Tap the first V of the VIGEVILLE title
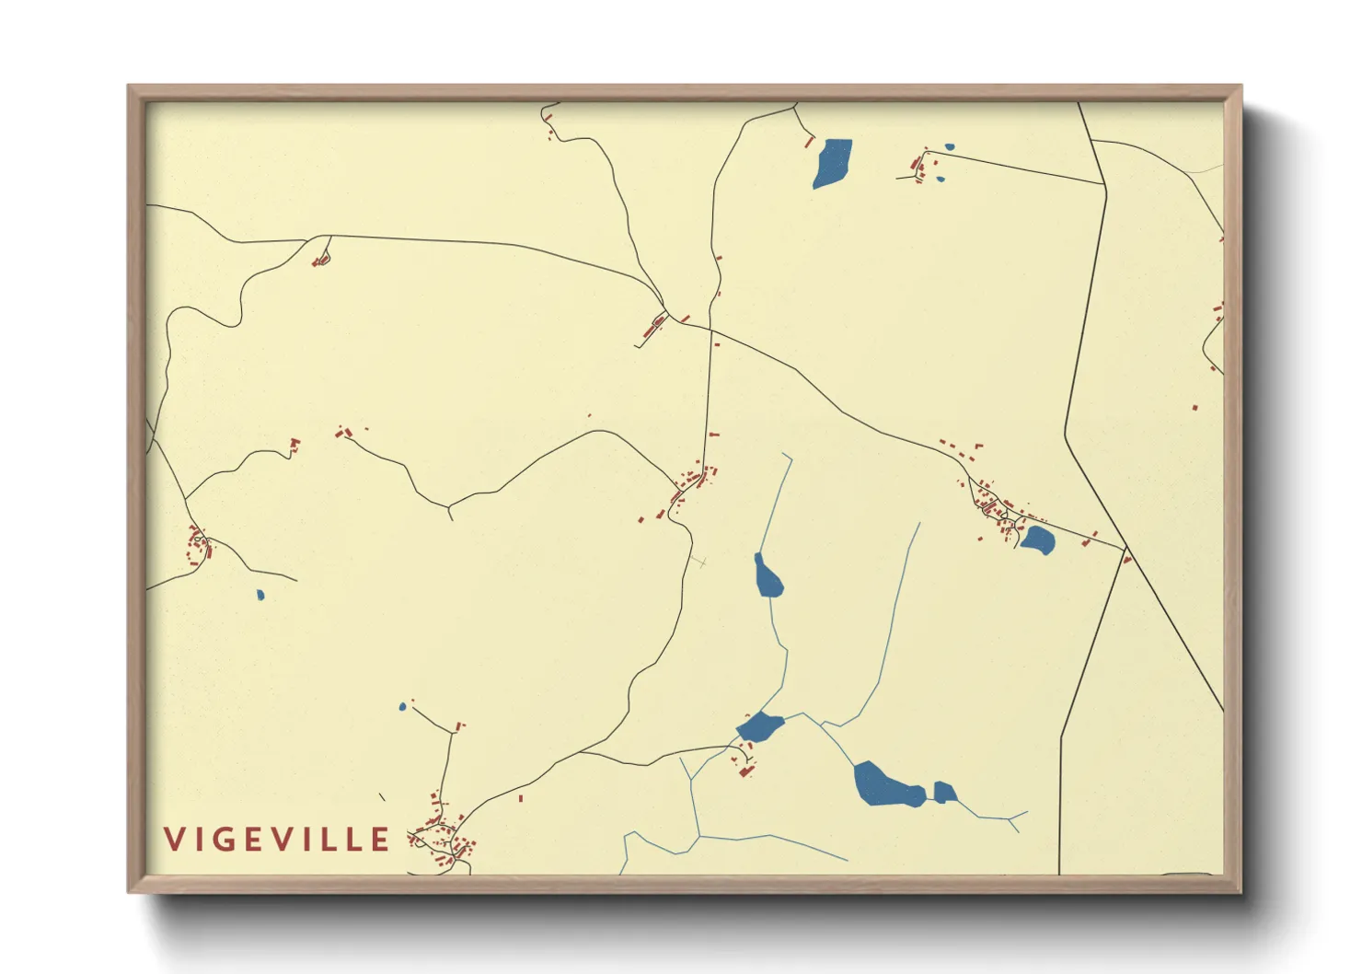174,840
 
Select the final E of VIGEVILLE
381,840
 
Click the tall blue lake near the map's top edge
833,163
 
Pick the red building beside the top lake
810,142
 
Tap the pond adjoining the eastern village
1038,540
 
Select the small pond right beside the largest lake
944,792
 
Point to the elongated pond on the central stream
767,576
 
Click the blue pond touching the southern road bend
760,727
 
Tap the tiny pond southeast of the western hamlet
260,595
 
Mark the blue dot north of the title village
402,707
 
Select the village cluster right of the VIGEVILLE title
444,838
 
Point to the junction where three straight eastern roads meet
1125,551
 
